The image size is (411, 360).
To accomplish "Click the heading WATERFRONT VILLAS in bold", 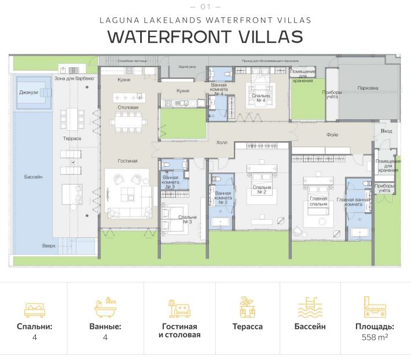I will point(205,37).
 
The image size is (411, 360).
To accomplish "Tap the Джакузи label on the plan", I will point(28,92).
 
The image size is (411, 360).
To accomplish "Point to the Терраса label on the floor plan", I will point(72,138).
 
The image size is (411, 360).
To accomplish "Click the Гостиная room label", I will point(127,161).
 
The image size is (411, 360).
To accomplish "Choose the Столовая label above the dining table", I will point(128,107).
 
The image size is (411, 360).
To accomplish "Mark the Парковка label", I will point(368,89).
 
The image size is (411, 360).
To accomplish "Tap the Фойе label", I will point(332,135).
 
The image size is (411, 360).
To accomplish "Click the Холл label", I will point(222,142).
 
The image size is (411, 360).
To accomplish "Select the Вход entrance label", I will point(387,131).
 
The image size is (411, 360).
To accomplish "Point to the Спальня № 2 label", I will point(261,189).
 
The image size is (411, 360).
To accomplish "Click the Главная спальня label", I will point(318,201).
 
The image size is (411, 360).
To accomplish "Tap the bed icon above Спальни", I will point(35,308).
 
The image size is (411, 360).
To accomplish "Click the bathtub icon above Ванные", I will point(105,307).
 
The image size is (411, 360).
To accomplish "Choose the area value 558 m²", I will point(375,337).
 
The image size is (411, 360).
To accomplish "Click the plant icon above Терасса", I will point(248,307).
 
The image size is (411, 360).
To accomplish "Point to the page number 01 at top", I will point(205,6).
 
